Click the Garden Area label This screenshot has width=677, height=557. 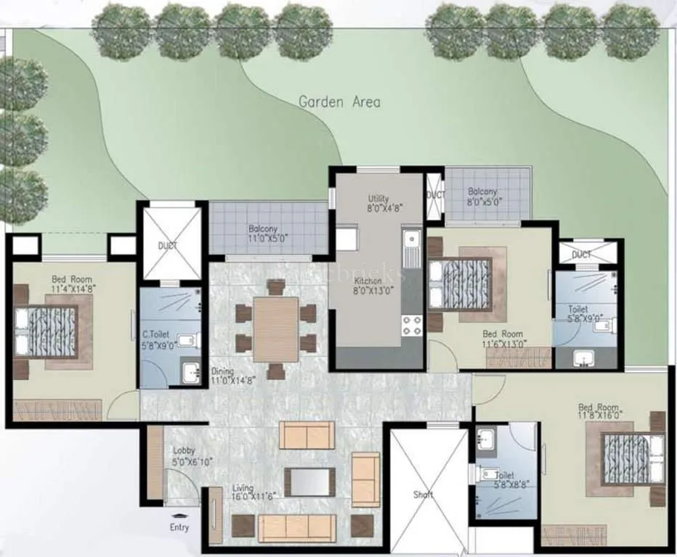339,102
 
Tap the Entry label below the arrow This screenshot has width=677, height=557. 179,527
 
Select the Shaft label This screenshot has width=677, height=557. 423,495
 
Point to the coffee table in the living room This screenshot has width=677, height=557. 310,481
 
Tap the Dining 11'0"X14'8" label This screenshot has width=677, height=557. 228,375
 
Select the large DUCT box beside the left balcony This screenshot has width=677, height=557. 168,244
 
